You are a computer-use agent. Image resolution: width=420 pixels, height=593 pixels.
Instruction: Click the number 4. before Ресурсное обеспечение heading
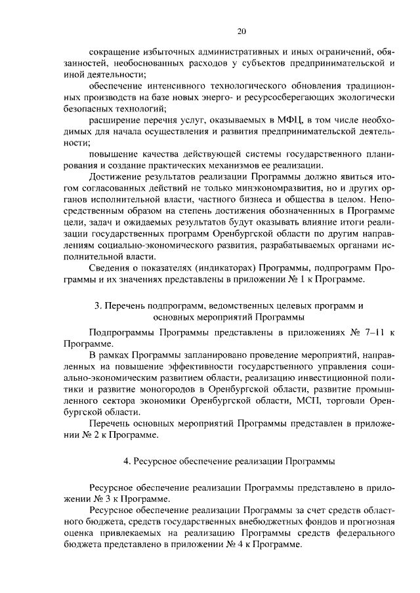point(127,461)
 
